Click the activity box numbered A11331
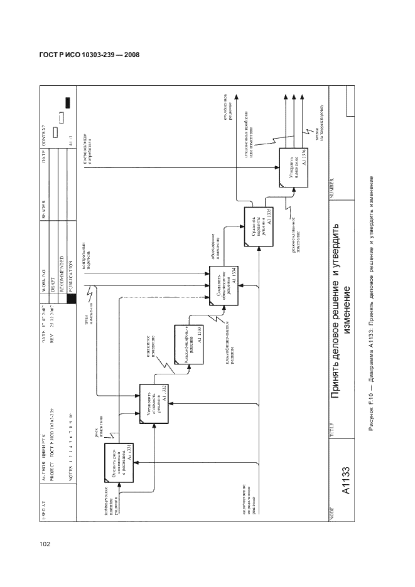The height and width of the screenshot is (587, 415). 119,467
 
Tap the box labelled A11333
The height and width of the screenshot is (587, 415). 189,341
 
